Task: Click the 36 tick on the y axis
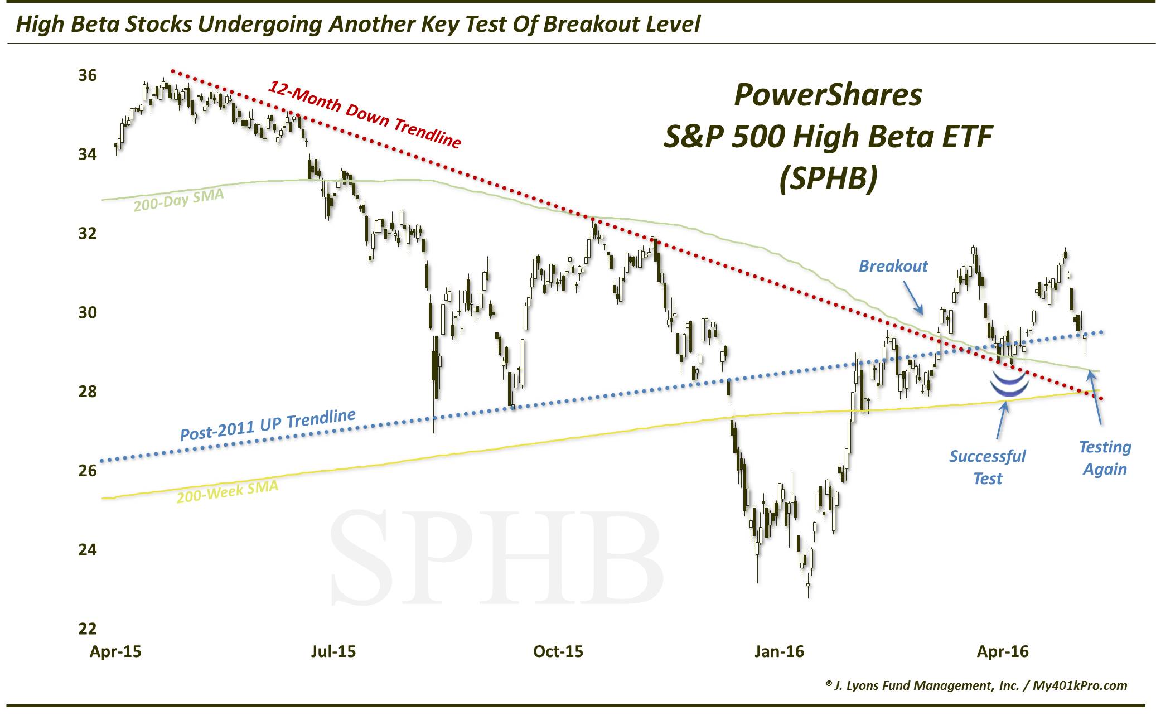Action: [87, 75]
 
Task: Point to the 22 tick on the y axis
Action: [87, 629]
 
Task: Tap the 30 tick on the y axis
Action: [87, 312]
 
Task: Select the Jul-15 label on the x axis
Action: [333, 651]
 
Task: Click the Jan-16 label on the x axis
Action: [779, 651]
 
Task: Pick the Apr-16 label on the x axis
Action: [1003, 651]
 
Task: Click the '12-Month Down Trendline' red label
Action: [365, 115]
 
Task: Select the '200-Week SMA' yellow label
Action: [227, 491]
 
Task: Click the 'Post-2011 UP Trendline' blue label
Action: [268, 425]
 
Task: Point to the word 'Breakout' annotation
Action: [893, 266]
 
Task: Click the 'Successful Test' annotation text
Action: [988, 467]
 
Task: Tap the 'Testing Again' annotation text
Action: [1105, 458]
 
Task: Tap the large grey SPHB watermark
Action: [496, 558]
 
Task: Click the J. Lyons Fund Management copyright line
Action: [976, 685]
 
